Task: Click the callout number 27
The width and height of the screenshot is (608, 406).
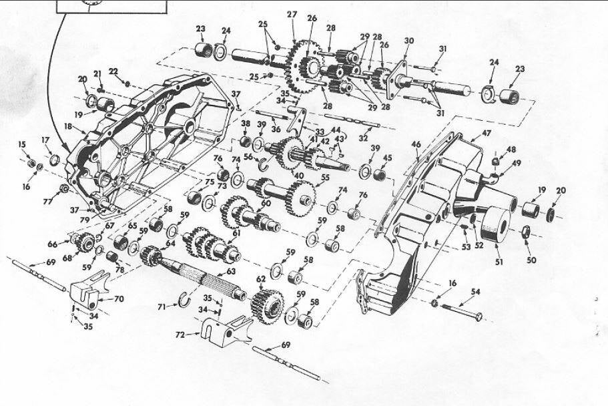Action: click(x=292, y=15)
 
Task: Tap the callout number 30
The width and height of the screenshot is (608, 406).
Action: click(x=409, y=41)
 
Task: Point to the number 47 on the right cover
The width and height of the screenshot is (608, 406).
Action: click(x=486, y=134)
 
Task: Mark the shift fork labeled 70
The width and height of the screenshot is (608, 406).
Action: click(x=93, y=292)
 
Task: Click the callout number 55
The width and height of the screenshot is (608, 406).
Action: click(x=326, y=178)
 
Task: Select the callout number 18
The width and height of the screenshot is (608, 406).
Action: click(x=68, y=125)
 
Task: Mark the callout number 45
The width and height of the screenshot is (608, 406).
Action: click(x=387, y=158)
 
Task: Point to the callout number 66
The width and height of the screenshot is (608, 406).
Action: click(x=53, y=244)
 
